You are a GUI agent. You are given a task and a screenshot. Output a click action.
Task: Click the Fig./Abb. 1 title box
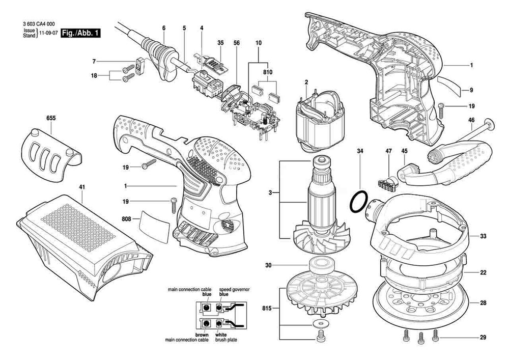[79, 34]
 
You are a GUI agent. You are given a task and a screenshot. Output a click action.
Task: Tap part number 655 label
[51, 118]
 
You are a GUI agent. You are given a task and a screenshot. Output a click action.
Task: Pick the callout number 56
[236, 43]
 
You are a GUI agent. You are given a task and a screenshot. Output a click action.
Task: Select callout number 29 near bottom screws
[483, 337]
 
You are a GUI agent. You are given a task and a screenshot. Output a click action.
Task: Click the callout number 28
[483, 303]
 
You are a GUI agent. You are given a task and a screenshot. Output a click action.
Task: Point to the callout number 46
[471, 120]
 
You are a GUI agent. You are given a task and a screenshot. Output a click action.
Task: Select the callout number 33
[483, 236]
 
